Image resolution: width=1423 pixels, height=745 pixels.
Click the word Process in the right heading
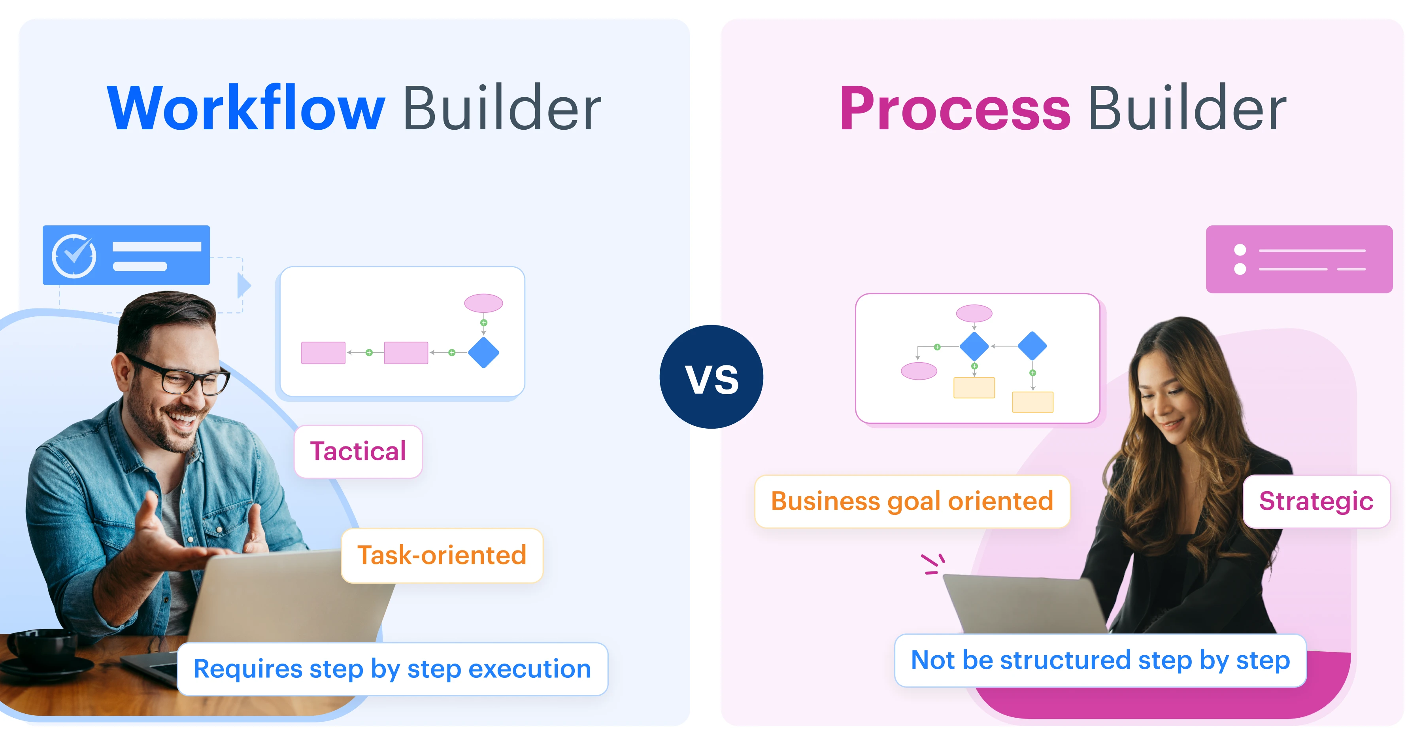(x=955, y=109)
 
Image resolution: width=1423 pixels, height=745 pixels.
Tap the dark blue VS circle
(x=711, y=377)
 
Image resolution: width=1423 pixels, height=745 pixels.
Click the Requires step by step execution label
(x=392, y=669)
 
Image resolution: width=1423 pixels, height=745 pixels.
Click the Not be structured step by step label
(x=1100, y=660)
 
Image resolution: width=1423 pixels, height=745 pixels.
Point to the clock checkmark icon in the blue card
(x=74, y=256)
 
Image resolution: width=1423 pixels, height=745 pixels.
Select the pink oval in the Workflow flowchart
(x=483, y=303)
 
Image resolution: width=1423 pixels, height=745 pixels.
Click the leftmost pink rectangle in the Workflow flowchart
(x=323, y=353)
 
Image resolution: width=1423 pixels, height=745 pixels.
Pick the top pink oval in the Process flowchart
(x=974, y=313)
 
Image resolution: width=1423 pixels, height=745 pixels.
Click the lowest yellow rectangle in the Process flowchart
(x=1032, y=402)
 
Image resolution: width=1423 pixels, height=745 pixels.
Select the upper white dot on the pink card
(x=1240, y=250)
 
